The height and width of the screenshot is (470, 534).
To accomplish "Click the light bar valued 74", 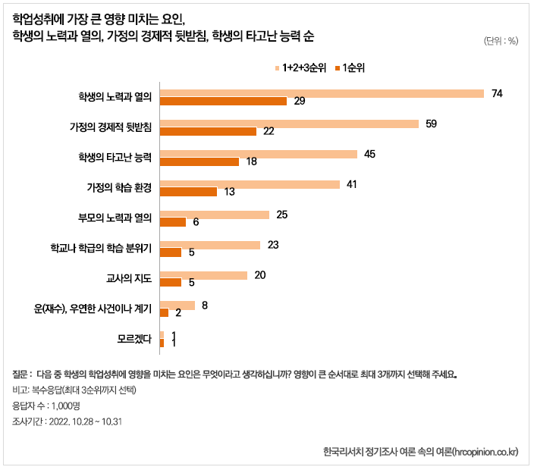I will click(322, 93).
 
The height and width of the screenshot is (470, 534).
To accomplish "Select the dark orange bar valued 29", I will click(223, 102).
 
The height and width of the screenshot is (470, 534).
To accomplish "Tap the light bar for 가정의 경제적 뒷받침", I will click(289, 124).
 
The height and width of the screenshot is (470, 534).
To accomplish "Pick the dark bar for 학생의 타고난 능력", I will click(199, 161).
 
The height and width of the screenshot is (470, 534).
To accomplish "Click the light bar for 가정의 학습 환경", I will click(250, 184).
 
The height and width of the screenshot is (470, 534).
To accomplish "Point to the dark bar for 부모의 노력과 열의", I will click(173, 222).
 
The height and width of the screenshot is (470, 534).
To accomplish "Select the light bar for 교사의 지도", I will click(203, 275).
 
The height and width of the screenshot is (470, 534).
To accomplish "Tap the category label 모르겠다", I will click(135, 339).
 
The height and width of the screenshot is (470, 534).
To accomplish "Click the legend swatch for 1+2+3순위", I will click(277, 68).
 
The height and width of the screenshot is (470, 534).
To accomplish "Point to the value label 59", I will click(431, 124).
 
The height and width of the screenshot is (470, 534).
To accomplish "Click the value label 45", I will click(370, 154).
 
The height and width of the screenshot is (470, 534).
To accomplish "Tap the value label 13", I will click(229, 193).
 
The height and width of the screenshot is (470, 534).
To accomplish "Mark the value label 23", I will click(273, 245).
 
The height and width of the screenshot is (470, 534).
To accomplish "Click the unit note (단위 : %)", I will click(500, 41).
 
